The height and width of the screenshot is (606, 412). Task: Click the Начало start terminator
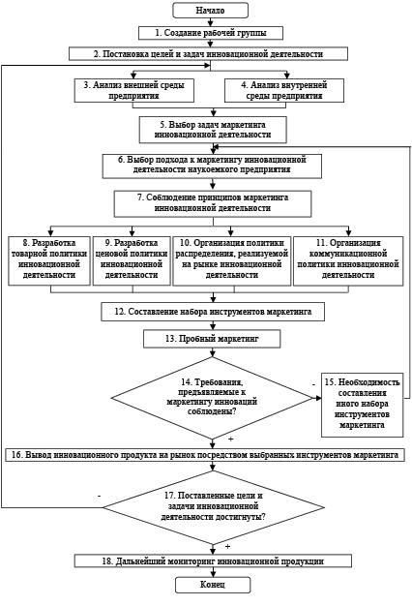click(211, 11)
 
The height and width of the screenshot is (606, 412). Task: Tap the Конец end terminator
click(213, 585)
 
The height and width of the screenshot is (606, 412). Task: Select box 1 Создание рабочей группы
click(211, 33)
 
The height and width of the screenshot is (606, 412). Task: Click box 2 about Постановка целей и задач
click(209, 53)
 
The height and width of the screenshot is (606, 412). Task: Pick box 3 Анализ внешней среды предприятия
click(134, 90)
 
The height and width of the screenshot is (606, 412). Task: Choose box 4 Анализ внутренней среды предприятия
click(284, 90)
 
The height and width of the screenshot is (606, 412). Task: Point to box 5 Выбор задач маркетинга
click(213, 130)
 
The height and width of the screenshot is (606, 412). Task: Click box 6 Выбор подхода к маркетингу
click(212, 167)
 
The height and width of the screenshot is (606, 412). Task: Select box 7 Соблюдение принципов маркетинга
click(213, 203)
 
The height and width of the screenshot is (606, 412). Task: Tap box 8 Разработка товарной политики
click(49, 260)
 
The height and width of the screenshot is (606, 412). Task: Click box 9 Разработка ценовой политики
click(132, 260)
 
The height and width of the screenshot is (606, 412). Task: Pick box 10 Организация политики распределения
click(232, 260)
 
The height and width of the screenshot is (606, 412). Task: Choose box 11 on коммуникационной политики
click(348, 260)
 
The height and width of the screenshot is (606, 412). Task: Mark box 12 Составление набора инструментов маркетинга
click(213, 312)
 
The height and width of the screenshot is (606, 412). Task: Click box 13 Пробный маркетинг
click(212, 339)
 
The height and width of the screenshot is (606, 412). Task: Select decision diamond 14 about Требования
click(212, 398)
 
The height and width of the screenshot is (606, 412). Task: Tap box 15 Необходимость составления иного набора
click(363, 405)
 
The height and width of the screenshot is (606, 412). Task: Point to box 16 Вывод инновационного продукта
click(205, 455)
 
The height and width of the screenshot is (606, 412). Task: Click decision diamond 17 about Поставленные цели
click(213, 507)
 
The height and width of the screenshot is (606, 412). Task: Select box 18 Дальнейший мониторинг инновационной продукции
click(213, 561)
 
